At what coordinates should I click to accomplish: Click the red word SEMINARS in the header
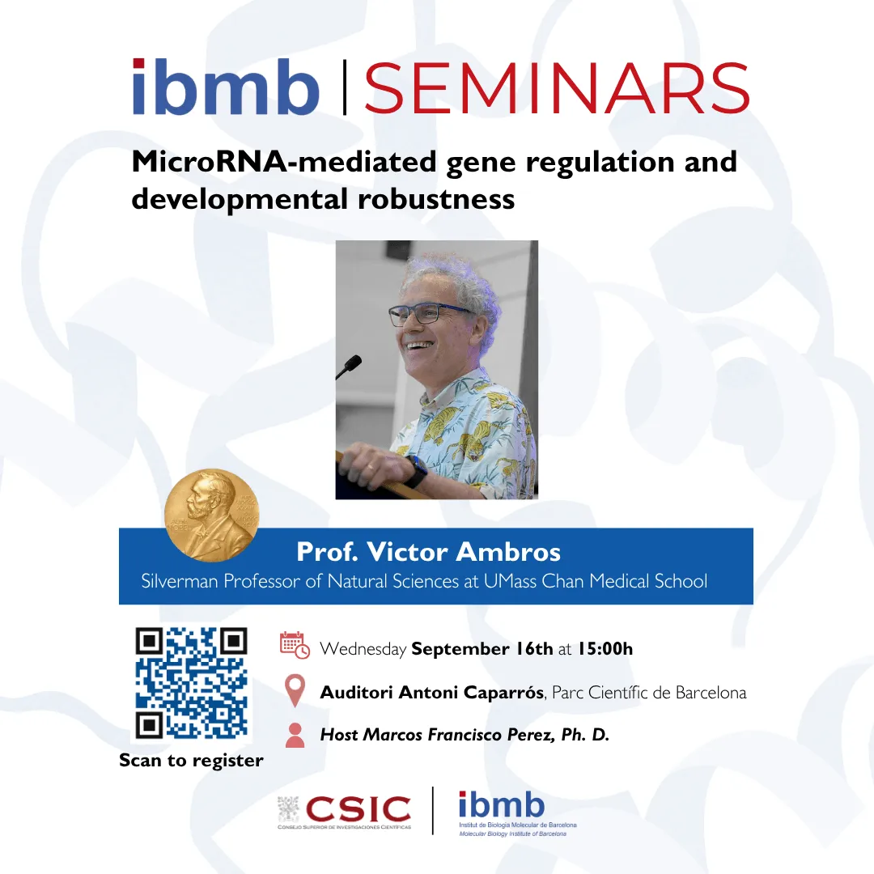point(556,88)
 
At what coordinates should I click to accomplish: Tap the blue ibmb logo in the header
point(226,87)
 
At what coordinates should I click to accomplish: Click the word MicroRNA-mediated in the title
point(284,162)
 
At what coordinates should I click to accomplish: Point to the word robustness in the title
point(436,199)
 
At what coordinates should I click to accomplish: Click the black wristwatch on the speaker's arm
point(417,472)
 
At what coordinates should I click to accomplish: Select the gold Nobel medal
point(212,515)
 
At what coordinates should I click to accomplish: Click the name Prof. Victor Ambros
point(428,552)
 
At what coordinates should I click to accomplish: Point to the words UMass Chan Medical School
point(596,581)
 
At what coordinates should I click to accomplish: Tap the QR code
point(191,683)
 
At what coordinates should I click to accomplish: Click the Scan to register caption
point(191,760)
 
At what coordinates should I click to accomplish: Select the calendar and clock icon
point(295,646)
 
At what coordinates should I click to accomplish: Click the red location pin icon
point(295,690)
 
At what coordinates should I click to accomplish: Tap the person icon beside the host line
point(295,735)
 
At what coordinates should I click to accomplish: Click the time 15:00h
point(605,649)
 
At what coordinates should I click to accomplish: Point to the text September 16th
point(482,649)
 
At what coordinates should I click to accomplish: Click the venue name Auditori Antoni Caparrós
point(432,692)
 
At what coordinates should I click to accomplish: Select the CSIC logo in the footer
point(345,811)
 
